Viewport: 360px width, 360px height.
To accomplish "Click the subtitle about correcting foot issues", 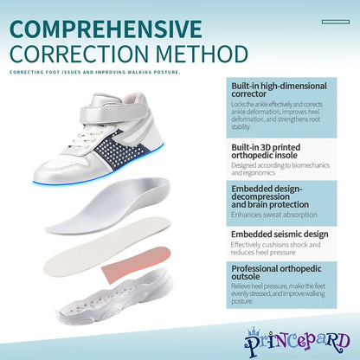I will click(96, 72).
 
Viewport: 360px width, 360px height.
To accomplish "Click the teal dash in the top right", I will click(340, 22).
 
